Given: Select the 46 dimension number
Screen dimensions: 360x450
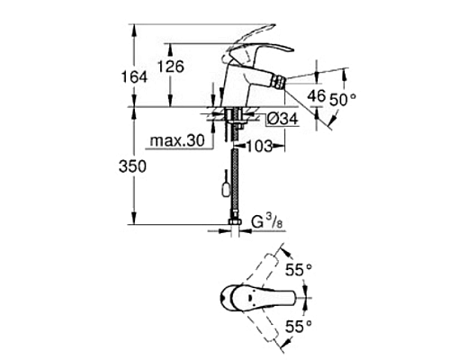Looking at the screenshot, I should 317,93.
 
